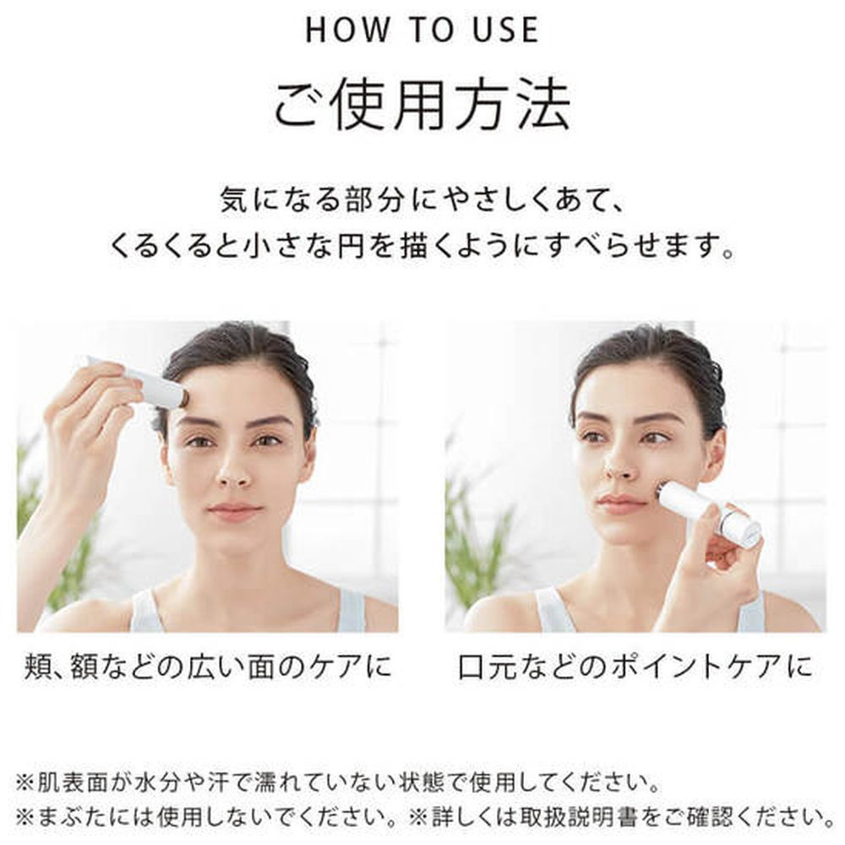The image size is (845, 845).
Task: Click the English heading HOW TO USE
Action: click(422, 30)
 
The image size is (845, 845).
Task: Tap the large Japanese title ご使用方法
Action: click(422, 105)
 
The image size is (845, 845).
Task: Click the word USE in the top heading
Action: click(505, 30)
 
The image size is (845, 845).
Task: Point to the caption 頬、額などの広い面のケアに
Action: click(208, 667)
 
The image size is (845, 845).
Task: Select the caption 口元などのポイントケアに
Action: click(635, 667)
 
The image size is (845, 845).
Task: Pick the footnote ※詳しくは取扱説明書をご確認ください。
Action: click(623, 817)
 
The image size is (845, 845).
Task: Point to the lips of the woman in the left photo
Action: click(235, 510)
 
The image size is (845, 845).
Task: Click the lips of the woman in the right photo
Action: click(619, 505)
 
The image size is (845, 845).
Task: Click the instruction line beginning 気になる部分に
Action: click(422, 200)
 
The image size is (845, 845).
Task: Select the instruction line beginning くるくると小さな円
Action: click(422, 246)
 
